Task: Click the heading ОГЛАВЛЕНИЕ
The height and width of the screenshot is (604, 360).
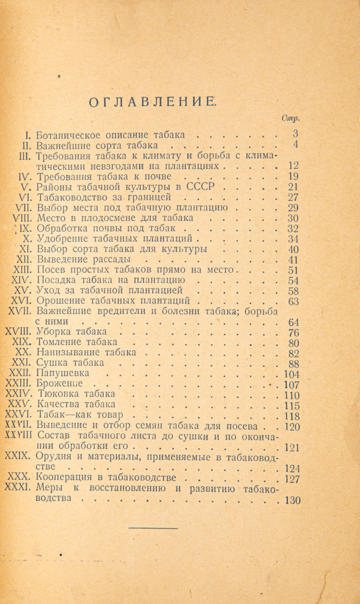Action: coord(152,103)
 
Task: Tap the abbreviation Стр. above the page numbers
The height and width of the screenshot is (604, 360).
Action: coord(290,118)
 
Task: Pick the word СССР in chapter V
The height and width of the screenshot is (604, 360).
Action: coord(200,187)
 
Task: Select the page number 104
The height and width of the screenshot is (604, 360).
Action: coord(292,374)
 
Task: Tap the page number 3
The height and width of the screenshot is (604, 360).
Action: coord(295,134)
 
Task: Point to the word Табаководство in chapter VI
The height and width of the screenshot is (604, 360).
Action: coord(70,197)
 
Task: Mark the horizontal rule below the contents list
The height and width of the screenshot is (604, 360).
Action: coord(153,528)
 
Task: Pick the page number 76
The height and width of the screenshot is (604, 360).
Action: coord(294,332)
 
